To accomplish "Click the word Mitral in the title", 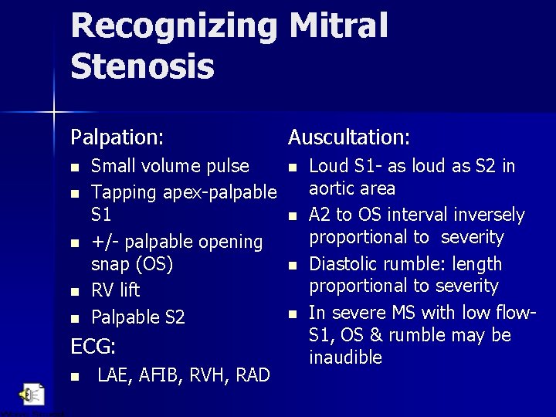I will coord(338,25).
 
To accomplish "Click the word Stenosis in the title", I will coord(142,66).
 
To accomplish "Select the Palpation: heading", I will coord(117,138).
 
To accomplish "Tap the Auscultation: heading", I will coord(349,138).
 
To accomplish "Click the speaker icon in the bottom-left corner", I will coord(32,394).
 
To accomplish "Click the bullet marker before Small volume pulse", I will coord(74,167).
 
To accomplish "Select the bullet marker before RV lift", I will coord(74,292).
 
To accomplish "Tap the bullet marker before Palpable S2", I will coord(74,317).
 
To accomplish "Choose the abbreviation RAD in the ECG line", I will coord(251,375).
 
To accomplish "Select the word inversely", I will coord(487,215).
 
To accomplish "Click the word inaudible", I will coord(345,358).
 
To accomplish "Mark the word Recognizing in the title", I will coord(174,25).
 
